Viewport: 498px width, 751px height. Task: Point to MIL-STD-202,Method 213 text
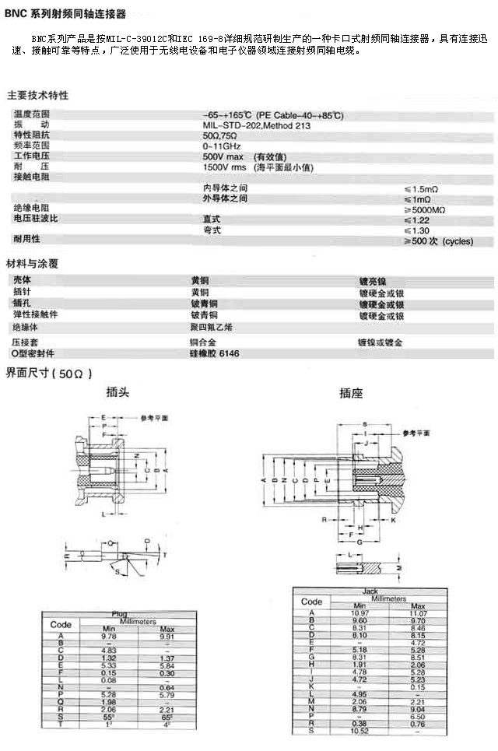point(257,125)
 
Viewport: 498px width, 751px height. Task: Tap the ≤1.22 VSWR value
point(417,220)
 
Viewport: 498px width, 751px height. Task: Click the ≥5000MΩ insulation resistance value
point(425,209)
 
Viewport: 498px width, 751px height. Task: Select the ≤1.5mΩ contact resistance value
point(423,188)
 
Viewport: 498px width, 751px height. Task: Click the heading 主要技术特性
point(37,96)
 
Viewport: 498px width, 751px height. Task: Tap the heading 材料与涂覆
point(32,263)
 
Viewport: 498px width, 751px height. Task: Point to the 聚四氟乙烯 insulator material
point(211,328)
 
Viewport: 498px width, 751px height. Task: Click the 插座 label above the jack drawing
point(351,394)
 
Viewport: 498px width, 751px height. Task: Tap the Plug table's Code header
point(61,624)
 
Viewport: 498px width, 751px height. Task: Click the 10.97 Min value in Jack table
point(359,613)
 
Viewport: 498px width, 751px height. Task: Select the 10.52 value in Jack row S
point(359,731)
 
